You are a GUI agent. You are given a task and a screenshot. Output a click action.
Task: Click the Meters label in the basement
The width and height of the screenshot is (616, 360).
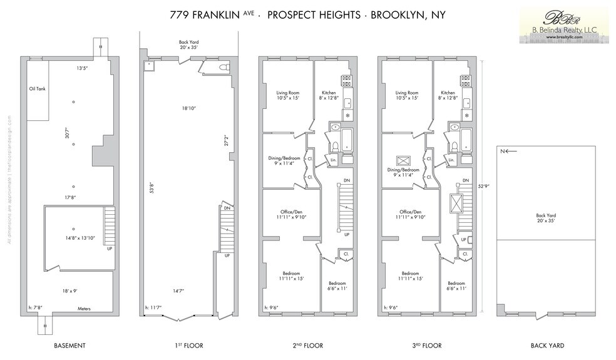84,308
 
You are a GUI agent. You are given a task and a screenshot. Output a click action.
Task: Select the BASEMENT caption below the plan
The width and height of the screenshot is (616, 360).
70,346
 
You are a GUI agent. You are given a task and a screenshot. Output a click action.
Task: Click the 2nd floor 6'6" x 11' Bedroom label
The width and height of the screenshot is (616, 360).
337,286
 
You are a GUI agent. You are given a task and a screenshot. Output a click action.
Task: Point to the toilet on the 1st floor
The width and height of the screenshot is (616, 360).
224,66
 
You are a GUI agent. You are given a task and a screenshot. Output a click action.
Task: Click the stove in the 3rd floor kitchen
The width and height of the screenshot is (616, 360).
466,80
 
